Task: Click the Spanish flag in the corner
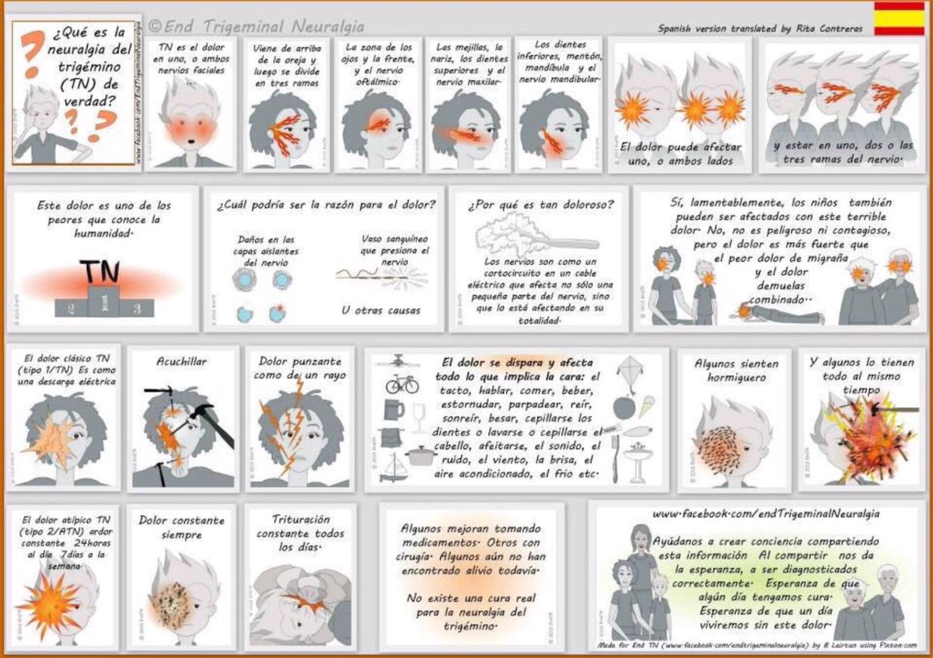click(x=899, y=19)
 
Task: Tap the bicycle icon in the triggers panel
click(x=401, y=384)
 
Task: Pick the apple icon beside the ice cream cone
click(x=624, y=408)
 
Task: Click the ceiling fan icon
click(x=399, y=361)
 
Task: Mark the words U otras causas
click(x=380, y=310)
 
